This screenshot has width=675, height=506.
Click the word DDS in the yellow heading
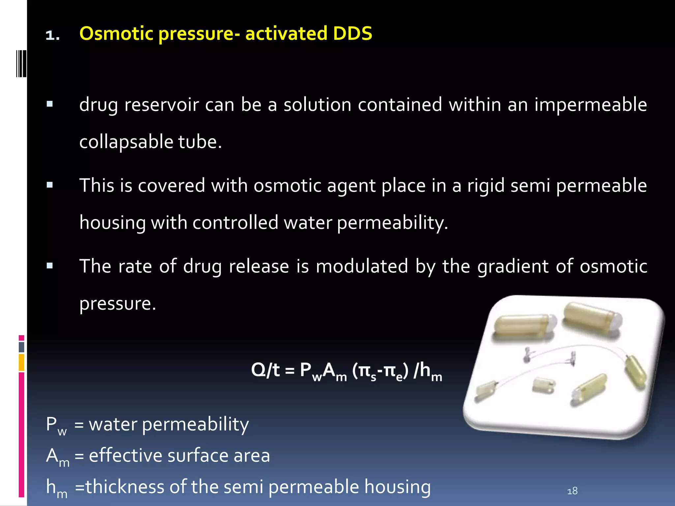pos(352,34)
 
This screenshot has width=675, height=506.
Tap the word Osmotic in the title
pos(117,34)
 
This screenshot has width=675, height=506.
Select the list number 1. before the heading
pos(53,35)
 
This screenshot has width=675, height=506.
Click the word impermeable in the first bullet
pos(590,105)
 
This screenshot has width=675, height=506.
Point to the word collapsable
pos(126,142)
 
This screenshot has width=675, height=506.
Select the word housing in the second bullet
pos(113,223)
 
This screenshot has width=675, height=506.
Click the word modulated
pos(362,266)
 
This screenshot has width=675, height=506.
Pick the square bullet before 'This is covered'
pos(50,185)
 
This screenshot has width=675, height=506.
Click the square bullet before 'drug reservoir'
pos(50,104)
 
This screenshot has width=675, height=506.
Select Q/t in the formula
pos(265,370)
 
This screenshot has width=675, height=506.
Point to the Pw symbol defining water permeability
pos(56,425)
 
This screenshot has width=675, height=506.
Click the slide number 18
pos(572,491)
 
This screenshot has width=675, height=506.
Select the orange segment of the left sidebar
pos(21,362)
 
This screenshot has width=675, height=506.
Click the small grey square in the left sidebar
pos(21,347)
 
